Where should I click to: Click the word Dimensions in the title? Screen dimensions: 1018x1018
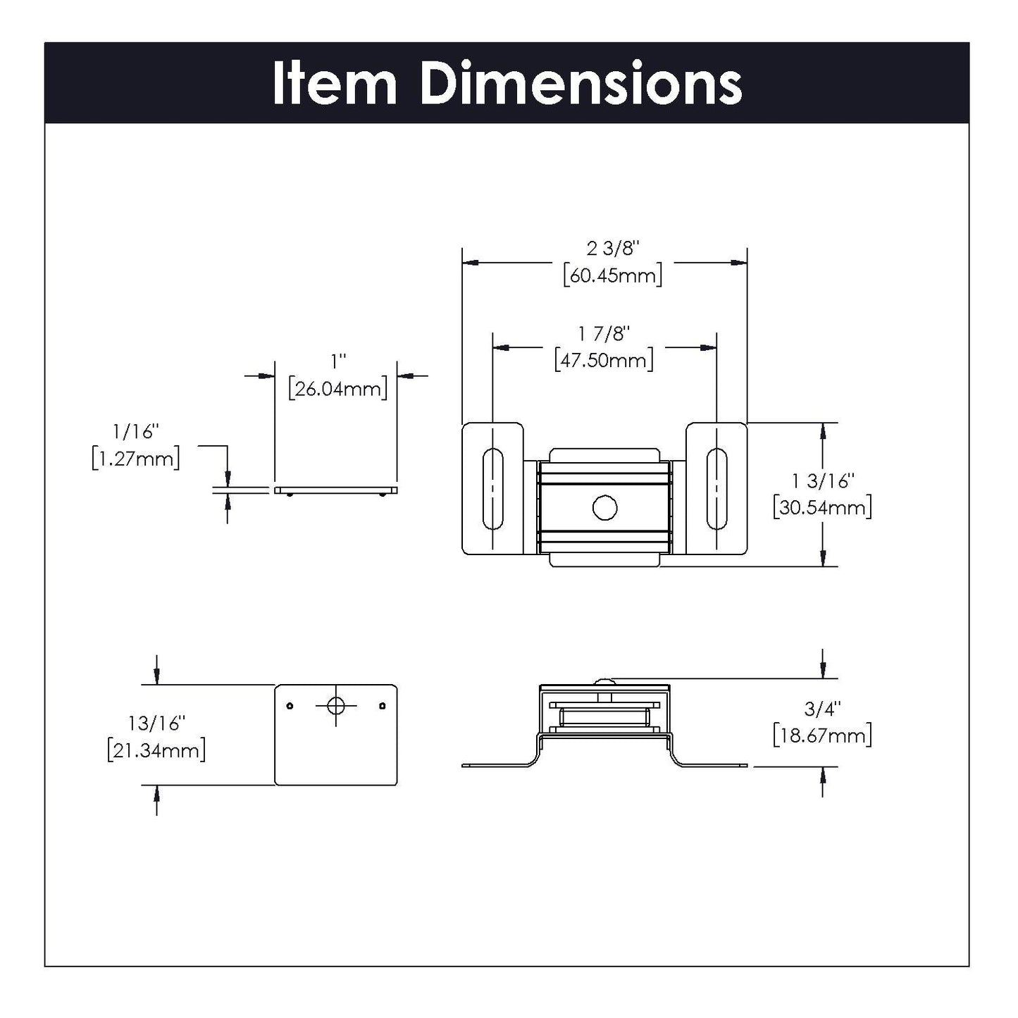581,84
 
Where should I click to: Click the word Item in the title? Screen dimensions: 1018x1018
334,84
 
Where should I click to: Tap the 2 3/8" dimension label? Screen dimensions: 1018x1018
612,248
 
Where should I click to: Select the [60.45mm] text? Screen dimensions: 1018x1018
612,275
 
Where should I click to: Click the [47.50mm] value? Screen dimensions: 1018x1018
604,360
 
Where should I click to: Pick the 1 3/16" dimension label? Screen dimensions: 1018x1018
822,480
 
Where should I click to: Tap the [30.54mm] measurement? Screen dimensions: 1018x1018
822,507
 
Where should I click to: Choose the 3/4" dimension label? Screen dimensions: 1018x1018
822,707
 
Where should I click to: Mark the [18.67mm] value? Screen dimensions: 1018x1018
822,735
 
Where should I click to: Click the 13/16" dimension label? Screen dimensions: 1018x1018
156,723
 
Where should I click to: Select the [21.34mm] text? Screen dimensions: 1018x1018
156,750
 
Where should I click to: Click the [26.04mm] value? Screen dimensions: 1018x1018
338,388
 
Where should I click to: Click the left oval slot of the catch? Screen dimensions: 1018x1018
492,488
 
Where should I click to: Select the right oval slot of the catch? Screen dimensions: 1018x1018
716,488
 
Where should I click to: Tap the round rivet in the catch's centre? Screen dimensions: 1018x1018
604,508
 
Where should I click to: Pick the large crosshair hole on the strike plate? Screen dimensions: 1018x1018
336,704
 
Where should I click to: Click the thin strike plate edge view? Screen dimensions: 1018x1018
336,490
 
